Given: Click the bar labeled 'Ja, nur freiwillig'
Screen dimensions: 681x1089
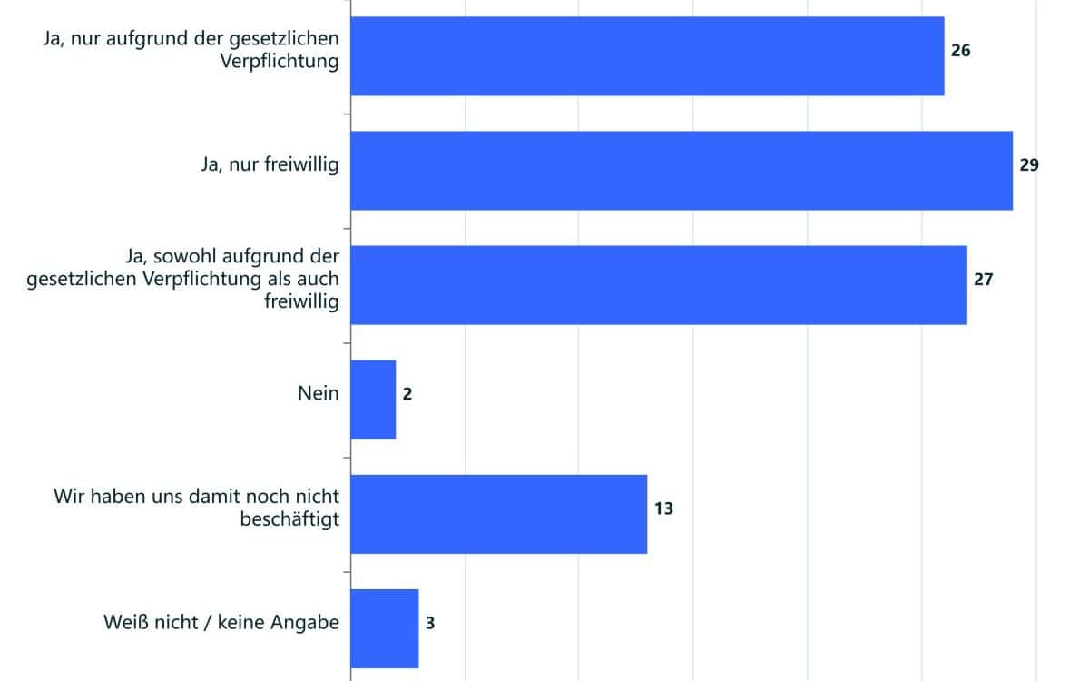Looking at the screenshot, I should [x=681, y=171].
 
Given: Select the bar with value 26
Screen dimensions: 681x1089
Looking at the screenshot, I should [x=646, y=55].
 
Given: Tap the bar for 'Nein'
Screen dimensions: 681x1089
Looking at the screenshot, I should [x=373, y=400].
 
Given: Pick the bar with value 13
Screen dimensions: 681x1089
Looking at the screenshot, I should [x=498, y=514].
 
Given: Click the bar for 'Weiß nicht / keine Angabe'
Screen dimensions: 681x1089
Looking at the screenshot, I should [x=384, y=628].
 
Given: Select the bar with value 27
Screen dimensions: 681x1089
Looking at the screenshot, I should [x=658, y=285].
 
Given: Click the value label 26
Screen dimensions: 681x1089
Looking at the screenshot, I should [x=960, y=51].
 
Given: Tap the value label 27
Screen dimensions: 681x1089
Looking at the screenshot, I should [x=984, y=280].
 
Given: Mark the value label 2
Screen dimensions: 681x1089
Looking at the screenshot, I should [x=407, y=394].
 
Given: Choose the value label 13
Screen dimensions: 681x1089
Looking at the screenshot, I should [x=663, y=508].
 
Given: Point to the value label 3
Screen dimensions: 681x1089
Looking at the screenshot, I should [x=430, y=623].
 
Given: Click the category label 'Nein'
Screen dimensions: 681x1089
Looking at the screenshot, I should [x=318, y=393].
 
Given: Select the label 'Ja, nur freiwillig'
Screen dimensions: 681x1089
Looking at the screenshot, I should [x=270, y=165].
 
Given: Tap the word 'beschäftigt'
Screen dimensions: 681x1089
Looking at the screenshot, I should [x=290, y=518].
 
